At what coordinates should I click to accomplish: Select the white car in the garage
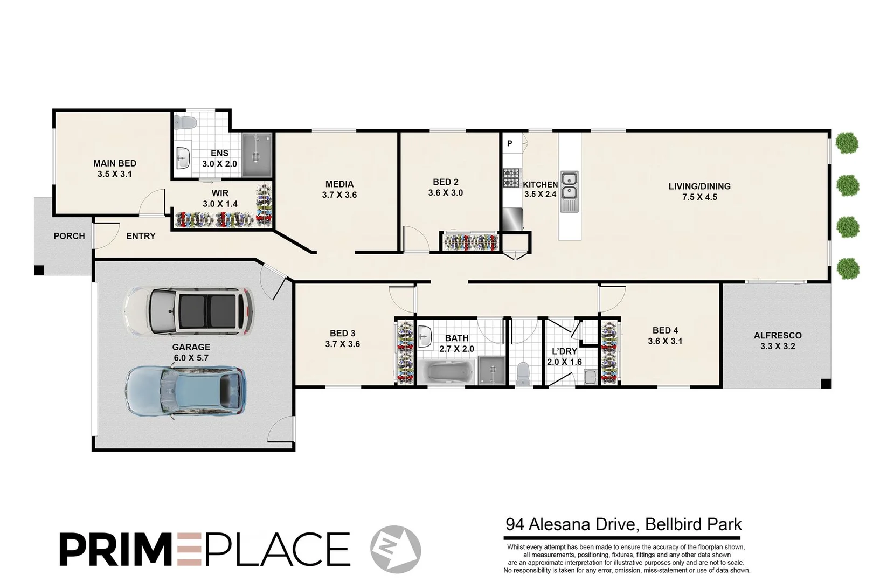[189, 311]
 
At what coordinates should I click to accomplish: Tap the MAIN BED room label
[115, 163]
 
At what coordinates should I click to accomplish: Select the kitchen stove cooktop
[511, 178]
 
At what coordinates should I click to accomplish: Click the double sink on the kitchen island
[569, 185]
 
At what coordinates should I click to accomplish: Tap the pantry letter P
[510, 143]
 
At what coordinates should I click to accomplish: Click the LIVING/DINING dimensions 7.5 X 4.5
[699, 197]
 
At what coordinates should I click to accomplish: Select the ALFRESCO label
[778, 335]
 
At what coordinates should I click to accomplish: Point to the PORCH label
[69, 236]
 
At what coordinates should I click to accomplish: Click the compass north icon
[396, 549]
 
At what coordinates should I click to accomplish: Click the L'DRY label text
[564, 351]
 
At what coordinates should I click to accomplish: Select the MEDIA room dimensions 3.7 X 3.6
[339, 195]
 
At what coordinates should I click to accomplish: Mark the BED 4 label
[665, 330]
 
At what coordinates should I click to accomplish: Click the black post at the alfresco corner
[826, 384]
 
